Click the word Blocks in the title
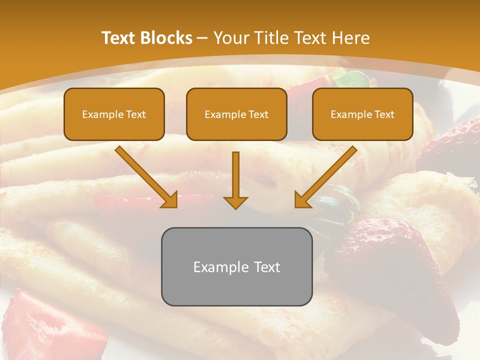166,38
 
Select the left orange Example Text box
114,114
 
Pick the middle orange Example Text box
236,114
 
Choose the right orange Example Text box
362,114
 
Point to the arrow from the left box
147,177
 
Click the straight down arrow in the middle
235,180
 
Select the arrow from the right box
325,177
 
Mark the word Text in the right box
384,114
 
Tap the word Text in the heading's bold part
118,38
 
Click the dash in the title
202,38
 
